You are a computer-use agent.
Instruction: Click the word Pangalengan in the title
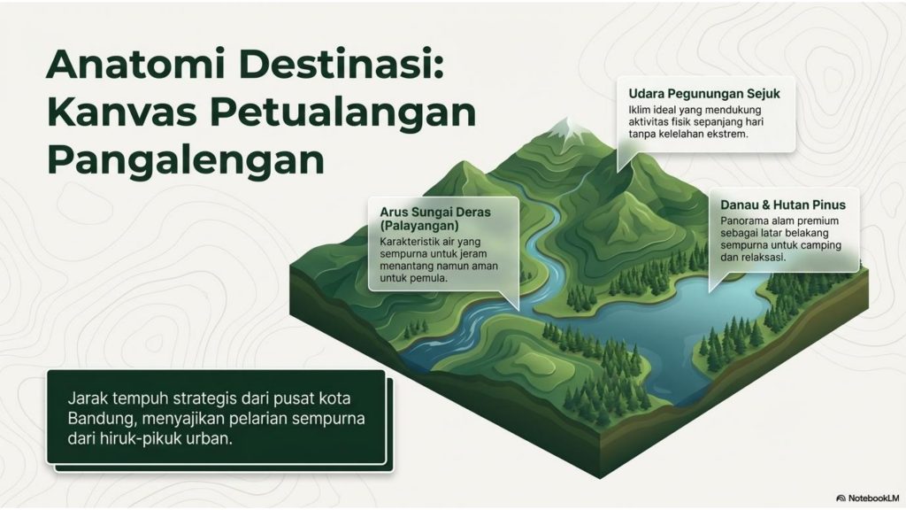(185, 163)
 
